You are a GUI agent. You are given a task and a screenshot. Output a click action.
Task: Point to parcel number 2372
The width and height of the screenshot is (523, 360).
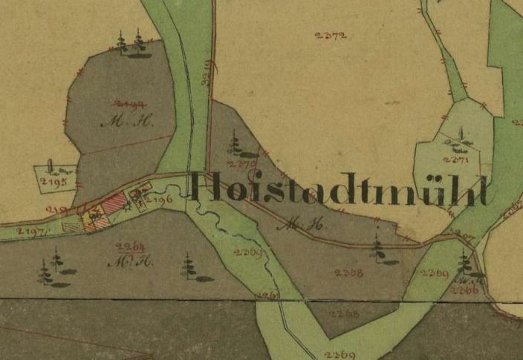[x=331, y=35]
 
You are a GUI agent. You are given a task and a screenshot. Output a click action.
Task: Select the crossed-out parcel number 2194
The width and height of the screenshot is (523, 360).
[x=128, y=105]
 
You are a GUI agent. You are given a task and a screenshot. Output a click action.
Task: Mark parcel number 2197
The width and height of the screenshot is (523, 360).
[x=30, y=232]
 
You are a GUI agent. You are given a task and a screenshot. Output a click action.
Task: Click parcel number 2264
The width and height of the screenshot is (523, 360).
[x=130, y=246]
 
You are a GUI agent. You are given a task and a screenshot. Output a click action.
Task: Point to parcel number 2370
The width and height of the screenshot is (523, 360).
[x=243, y=163]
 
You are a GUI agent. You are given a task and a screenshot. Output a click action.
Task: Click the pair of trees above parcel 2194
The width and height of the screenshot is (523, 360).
[x=131, y=44]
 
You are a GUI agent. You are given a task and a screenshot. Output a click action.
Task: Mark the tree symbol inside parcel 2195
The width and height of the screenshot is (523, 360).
[x=51, y=165]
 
